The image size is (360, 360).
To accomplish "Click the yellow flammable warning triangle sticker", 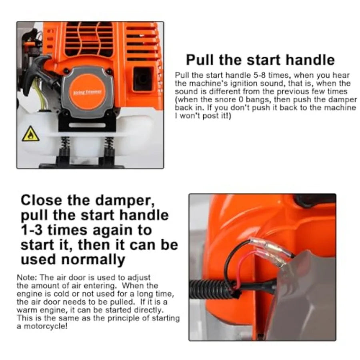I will click(x=31, y=134).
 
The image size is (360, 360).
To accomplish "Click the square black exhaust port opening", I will click(x=143, y=78).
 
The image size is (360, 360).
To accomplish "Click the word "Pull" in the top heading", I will click(x=203, y=60).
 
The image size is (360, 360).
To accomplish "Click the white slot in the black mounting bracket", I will click(x=87, y=125).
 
